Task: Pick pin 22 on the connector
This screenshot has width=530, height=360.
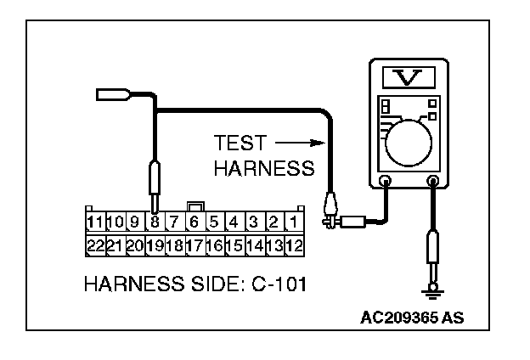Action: click(x=95, y=246)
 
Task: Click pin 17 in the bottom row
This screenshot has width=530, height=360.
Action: click(x=195, y=246)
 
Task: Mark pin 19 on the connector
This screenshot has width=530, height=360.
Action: click(x=155, y=246)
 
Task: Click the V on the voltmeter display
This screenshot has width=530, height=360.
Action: click(x=409, y=79)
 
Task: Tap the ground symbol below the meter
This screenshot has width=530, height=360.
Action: click(x=434, y=294)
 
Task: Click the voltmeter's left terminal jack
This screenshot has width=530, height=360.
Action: click(x=385, y=181)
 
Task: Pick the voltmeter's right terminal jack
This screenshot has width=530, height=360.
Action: click(x=434, y=181)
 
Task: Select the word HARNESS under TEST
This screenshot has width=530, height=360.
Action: click(x=263, y=169)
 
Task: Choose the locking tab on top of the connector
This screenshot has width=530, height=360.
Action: click(x=195, y=205)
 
